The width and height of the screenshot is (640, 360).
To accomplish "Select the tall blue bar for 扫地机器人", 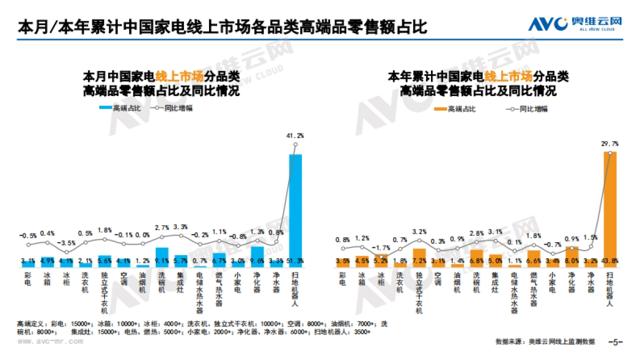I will pos(295,208).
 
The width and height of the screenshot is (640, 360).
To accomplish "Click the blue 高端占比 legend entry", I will pos(119,108).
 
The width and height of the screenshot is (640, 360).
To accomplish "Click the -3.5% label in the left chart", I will pos(66,243).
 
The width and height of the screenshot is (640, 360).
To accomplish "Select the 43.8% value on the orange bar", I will pos(610,261).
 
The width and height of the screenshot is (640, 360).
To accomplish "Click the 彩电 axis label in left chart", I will pos(28,279).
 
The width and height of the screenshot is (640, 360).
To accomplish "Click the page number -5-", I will pos(616,342).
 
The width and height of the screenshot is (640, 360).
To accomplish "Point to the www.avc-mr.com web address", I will pos(45,343).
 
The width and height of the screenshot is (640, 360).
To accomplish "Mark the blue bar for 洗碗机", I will pos(162,257).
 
